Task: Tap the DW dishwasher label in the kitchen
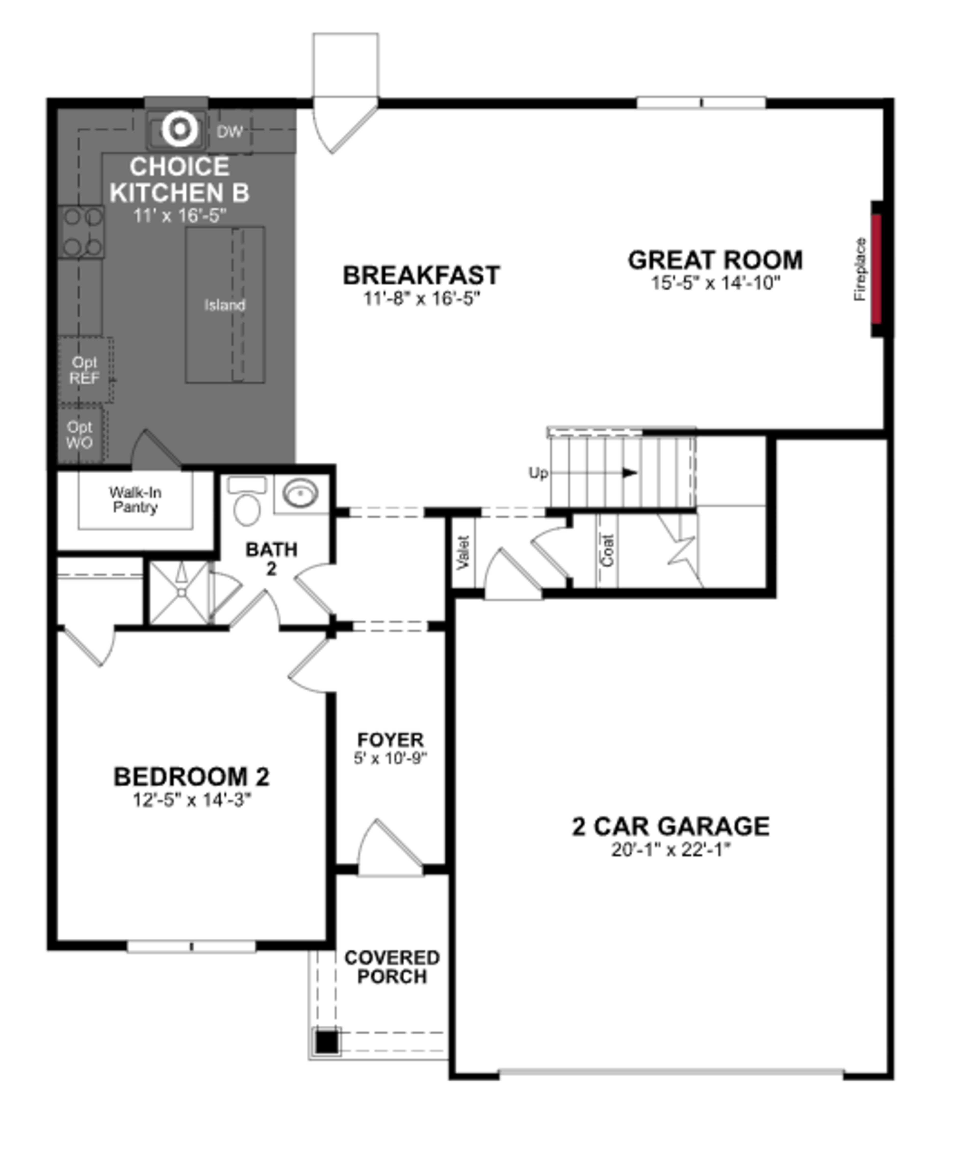pos(229,132)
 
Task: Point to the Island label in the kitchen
pos(225,305)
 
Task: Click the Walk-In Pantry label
pos(135,499)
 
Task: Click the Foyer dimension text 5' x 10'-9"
pos(390,759)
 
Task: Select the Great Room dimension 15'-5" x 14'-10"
pos(715,283)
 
